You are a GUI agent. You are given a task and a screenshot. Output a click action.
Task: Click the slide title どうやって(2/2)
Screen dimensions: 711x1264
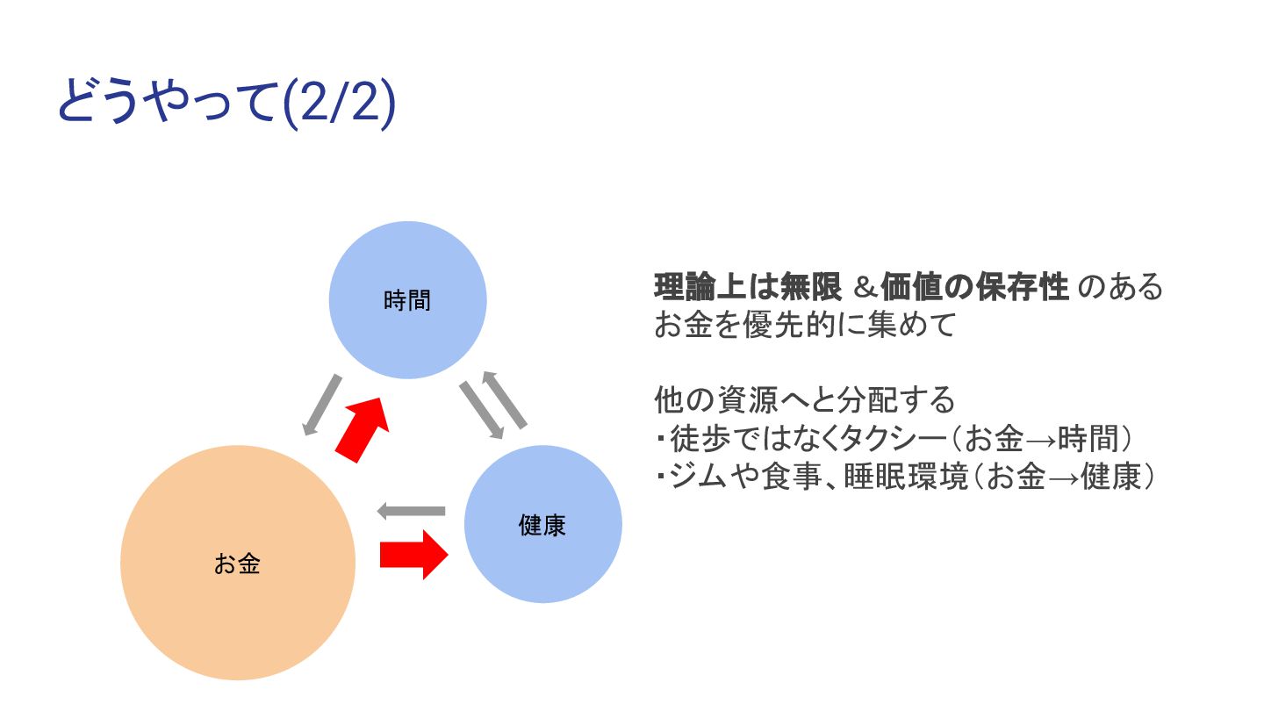226,104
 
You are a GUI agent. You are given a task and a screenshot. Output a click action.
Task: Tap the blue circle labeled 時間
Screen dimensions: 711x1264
407,300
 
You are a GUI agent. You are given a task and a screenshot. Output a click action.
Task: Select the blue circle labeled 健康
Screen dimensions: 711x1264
542,524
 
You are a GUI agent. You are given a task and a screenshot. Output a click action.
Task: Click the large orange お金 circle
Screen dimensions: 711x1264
238,563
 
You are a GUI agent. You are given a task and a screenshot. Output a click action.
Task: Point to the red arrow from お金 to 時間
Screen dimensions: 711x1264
363,427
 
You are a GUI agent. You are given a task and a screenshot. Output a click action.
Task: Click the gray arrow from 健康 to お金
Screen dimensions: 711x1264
411,511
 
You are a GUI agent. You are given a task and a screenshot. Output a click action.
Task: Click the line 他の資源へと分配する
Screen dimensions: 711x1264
804,400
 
